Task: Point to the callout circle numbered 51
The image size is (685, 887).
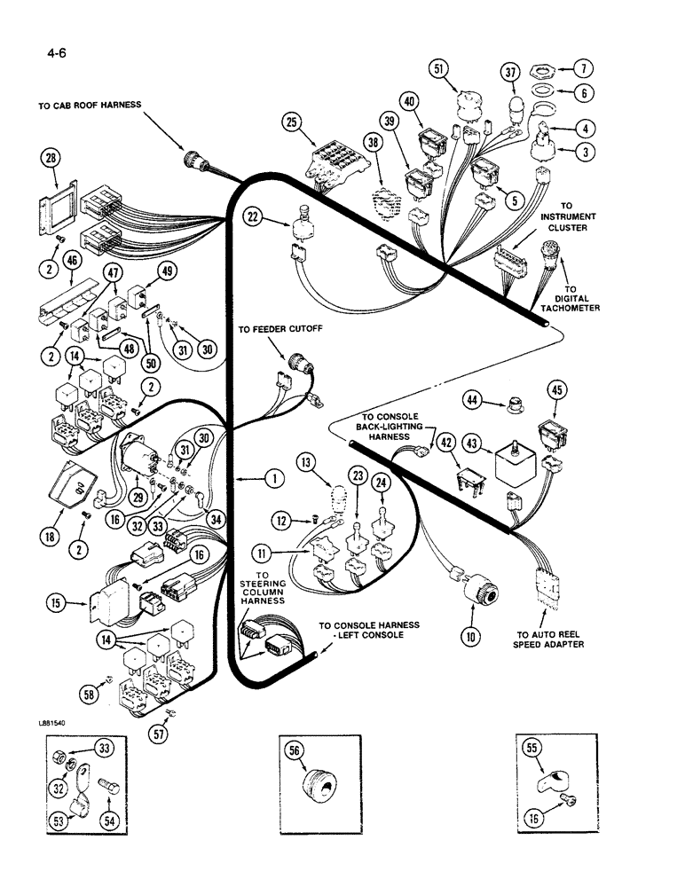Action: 462,68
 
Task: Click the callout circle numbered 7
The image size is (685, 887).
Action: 584,68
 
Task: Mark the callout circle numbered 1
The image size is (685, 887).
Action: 274,478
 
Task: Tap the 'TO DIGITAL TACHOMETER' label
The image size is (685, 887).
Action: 571,300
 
